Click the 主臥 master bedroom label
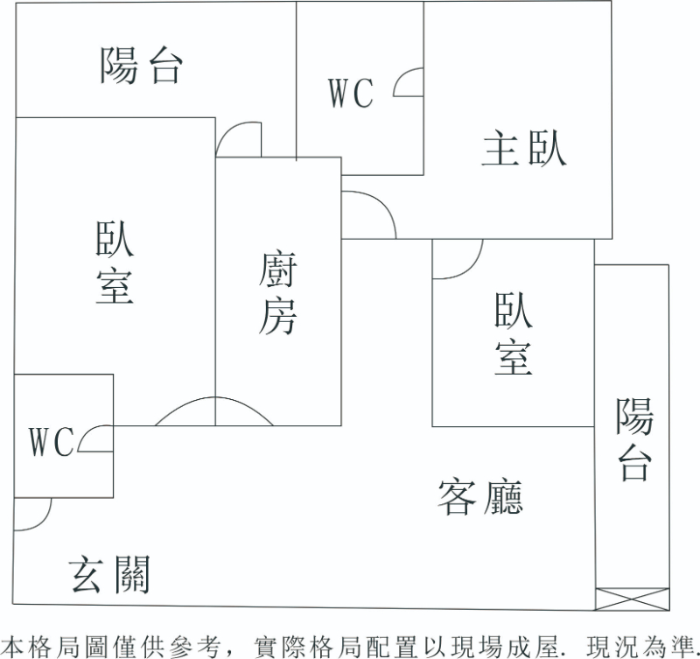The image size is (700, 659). pos(524,148)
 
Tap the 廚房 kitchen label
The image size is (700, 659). pos(277,293)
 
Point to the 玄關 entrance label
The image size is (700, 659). pos(109,575)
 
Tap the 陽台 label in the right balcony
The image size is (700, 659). pos(633,439)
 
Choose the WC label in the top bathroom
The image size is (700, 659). pos(351,93)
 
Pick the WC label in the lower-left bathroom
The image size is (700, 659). pos(51,442)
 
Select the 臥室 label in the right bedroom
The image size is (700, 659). pos(513,333)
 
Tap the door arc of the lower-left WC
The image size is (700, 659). pos(94,439)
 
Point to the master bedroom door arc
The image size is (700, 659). pos(368,213)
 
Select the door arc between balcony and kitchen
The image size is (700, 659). pos(239,140)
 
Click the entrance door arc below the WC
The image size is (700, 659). pos(32,515)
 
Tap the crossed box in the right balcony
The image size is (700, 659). pos(632,599)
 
